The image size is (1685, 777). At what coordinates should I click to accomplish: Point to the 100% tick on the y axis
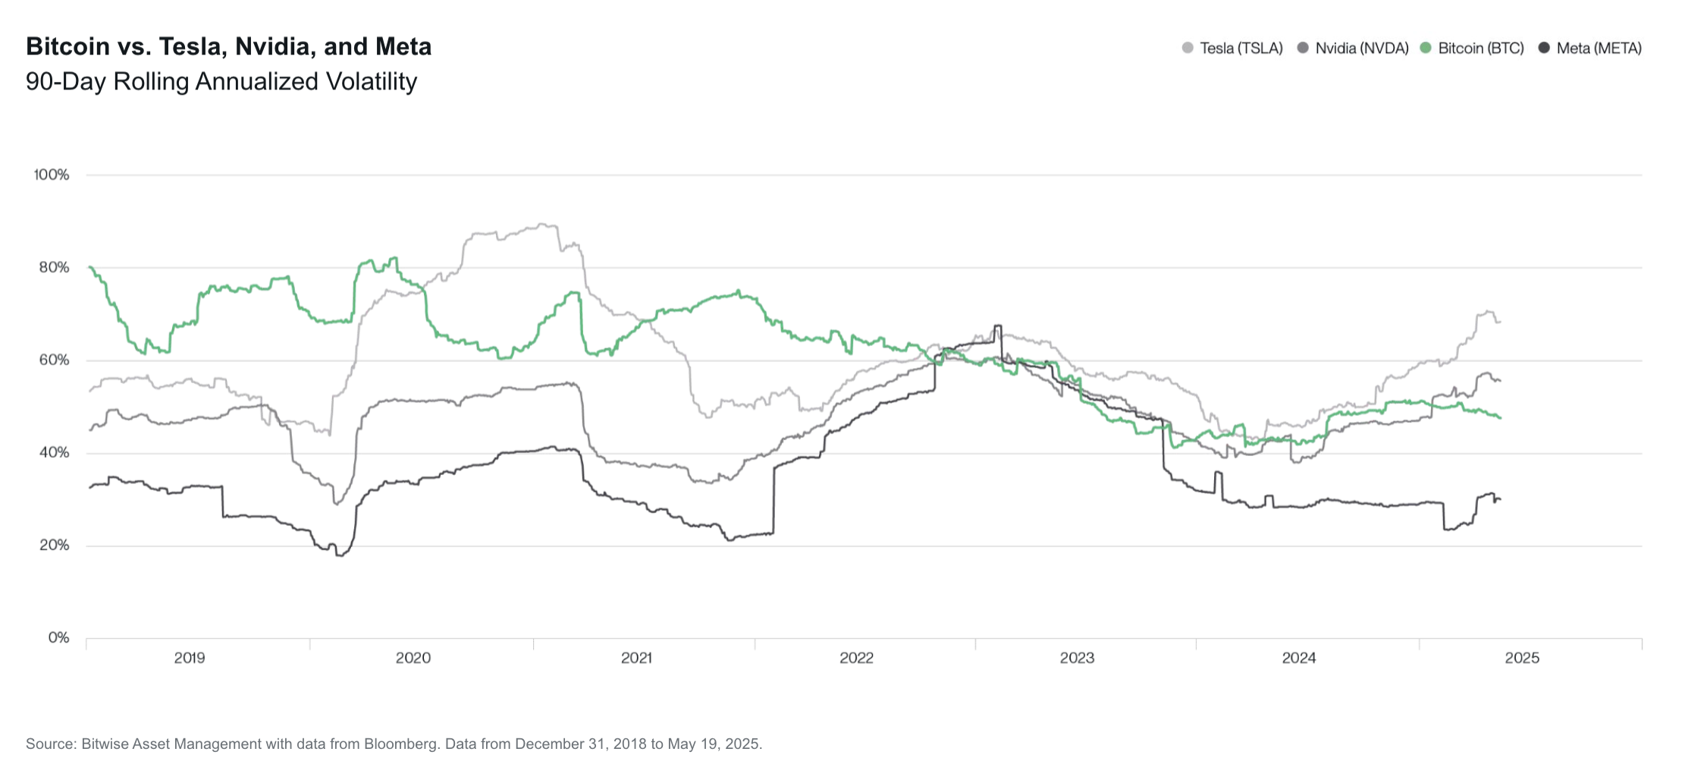tap(52, 175)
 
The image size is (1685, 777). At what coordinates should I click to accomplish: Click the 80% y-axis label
tap(54, 268)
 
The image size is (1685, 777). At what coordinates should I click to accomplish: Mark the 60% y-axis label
tap(54, 360)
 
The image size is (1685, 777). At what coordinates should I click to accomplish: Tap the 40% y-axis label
tap(54, 453)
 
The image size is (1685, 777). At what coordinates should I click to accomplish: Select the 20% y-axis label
tap(54, 546)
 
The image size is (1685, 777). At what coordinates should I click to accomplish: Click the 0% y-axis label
tap(58, 638)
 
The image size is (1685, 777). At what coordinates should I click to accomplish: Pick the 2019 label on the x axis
tap(190, 658)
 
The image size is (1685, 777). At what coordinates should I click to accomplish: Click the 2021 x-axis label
tap(636, 658)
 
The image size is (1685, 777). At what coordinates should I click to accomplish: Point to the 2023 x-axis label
tap(1077, 658)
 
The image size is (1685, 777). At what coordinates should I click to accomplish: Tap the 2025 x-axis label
tap(1522, 658)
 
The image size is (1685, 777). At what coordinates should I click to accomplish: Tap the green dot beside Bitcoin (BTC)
tap(1426, 49)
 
